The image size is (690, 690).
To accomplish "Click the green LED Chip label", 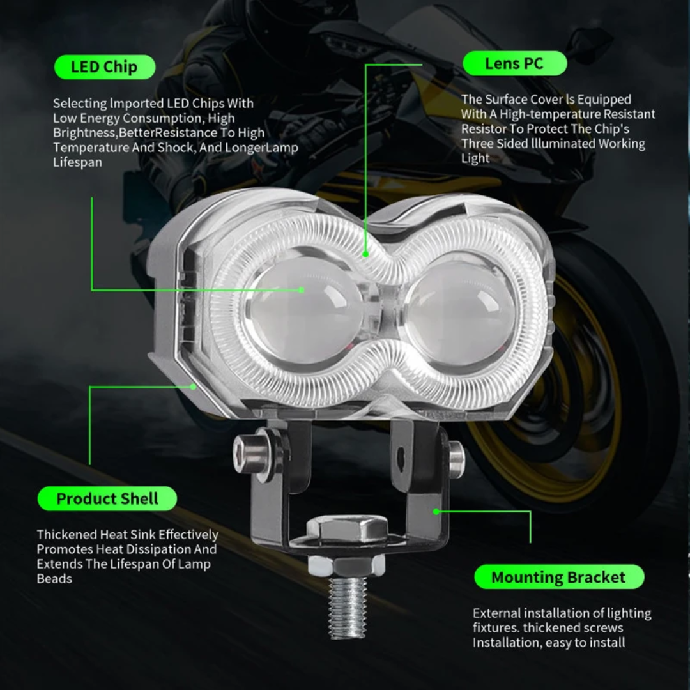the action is pos(105,67).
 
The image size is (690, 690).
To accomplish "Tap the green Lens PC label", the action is pos(514,63).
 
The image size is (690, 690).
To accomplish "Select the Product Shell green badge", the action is pos(107,498).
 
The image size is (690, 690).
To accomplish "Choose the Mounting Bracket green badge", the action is pos(559,577).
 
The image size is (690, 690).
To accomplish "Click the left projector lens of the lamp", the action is pos(303,310).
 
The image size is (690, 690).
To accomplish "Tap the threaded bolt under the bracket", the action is pos(348,608).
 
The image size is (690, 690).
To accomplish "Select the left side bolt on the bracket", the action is pos(254,455).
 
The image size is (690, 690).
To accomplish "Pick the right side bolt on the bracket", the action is pos(456,459).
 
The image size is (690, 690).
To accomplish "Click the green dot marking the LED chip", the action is pos(301,290).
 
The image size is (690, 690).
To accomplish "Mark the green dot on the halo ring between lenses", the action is pos(365,254).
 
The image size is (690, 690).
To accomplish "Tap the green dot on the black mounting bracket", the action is pos(436,511).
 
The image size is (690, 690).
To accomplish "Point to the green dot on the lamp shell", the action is pos(193,387).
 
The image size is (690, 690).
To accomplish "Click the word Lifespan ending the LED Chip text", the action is pos(78,162).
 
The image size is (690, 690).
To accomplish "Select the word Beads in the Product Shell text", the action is pos(54,579).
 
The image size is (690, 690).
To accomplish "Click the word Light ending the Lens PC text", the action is pos(475,158).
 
